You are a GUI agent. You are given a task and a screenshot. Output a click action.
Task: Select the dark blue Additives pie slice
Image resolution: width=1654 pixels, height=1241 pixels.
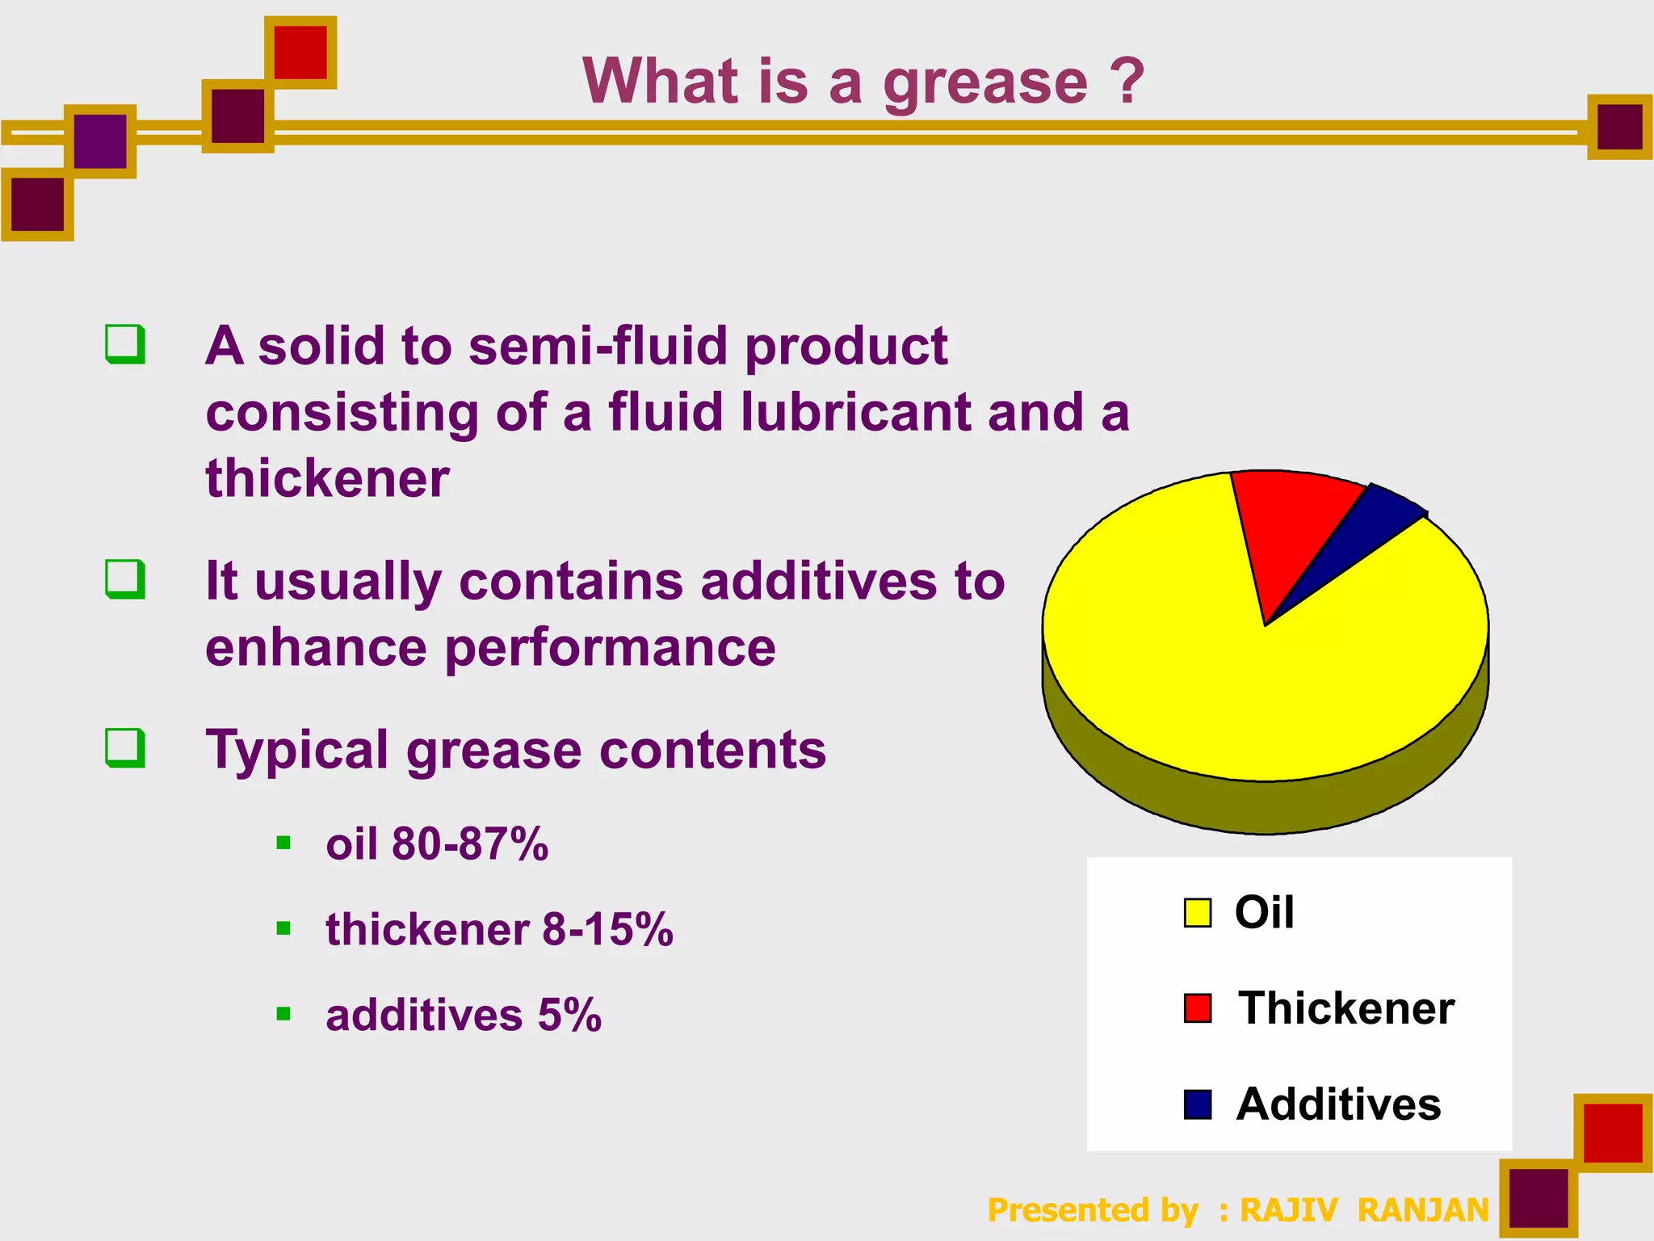click(1373, 525)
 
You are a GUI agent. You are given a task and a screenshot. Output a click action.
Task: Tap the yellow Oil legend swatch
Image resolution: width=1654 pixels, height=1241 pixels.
click(1197, 913)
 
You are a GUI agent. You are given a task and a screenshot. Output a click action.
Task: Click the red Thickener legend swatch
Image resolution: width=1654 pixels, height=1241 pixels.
click(1197, 1008)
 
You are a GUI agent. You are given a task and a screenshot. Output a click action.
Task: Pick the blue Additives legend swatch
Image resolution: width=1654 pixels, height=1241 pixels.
click(1197, 1104)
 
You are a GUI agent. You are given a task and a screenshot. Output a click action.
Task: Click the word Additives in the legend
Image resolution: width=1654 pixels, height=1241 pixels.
click(1338, 1104)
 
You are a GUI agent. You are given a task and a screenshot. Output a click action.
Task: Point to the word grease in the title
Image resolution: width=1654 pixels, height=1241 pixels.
click(985, 83)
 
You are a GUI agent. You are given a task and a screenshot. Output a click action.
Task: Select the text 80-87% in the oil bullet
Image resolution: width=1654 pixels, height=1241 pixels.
click(469, 844)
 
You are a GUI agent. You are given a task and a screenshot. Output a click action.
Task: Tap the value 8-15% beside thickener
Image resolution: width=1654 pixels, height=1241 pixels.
click(607, 929)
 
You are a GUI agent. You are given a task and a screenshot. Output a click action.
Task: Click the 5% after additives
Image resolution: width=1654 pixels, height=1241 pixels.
click(569, 1015)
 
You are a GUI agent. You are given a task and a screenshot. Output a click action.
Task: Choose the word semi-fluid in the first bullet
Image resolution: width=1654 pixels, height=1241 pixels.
click(598, 346)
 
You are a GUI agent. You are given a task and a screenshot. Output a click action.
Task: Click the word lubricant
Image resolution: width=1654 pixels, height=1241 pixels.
click(855, 412)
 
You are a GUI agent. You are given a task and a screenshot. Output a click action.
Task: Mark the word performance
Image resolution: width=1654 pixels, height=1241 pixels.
click(610, 648)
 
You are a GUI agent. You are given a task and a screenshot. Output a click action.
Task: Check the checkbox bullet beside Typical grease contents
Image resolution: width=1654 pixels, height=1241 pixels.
click(125, 747)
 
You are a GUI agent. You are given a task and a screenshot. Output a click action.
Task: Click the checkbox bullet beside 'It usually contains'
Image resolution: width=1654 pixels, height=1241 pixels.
click(125, 579)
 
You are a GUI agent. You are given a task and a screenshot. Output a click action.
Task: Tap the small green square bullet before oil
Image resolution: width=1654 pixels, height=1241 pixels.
click(283, 843)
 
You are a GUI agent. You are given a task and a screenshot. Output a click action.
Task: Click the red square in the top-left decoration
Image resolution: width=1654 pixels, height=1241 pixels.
click(300, 53)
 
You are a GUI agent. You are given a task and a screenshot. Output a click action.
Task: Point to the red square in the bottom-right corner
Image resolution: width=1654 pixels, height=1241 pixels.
click(1613, 1133)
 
